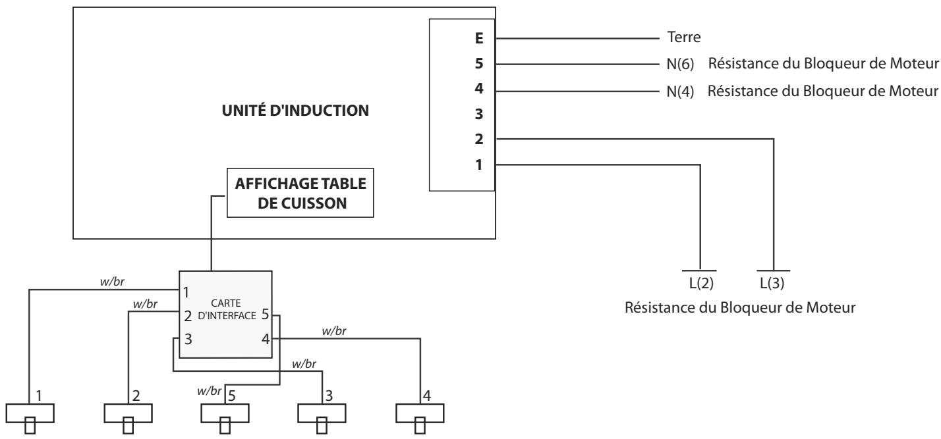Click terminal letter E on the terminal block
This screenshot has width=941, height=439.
coord(479,39)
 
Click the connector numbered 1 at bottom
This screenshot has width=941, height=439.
coord(30,413)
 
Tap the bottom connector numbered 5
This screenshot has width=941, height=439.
coord(225,413)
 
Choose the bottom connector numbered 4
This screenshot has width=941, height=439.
coord(419,413)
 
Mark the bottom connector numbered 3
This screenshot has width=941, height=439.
coord(322,413)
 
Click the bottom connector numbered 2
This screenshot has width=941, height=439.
coord(128,413)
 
